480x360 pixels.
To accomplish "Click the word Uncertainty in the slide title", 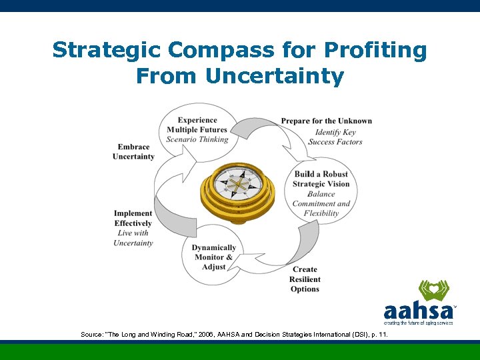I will tap(275, 77).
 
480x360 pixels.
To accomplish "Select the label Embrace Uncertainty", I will tap(133, 152).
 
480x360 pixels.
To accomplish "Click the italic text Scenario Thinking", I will tap(197, 139).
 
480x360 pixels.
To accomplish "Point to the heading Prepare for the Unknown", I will tap(326, 121).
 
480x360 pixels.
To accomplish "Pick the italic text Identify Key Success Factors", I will tap(335, 137).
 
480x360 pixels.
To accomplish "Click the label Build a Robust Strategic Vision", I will tap(321, 179).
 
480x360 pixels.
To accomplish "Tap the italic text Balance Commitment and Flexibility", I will tap(321, 203).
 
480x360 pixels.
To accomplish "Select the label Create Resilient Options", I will tap(305, 279).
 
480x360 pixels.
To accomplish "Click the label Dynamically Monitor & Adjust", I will tap(213, 257).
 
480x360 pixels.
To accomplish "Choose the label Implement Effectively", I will tap(133, 219).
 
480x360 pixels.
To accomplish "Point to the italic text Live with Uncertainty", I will tap(133, 238).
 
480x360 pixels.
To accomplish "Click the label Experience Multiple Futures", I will tap(197, 125).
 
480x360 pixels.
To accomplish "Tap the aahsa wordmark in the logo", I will tap(418, 311).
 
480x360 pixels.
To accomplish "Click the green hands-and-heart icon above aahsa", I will tap(433, 291).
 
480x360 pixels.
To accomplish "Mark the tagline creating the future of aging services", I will tap(418, 323).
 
